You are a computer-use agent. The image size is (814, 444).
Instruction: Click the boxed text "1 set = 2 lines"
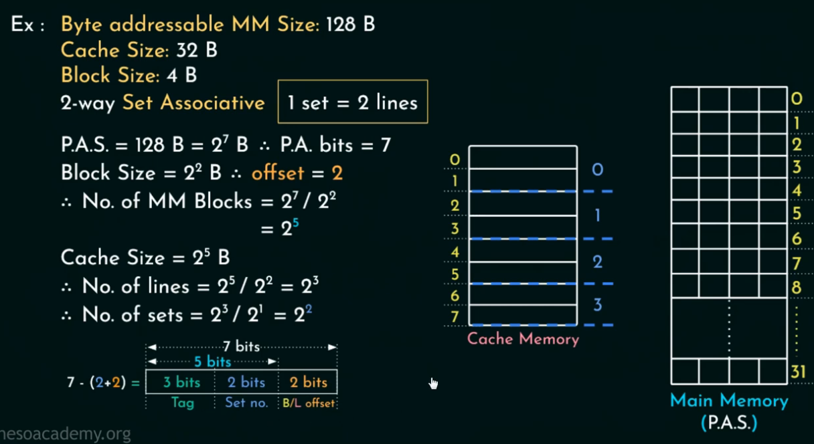[353, 102]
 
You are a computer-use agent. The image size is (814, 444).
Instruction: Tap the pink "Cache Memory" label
[523, 339]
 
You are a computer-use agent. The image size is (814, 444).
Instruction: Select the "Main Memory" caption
[729, 401]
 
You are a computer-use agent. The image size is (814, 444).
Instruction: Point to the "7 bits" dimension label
[242, 347]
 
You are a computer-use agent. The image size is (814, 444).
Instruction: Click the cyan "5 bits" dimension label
[213, 362]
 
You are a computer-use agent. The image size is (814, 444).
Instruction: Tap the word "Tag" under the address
[182, 403]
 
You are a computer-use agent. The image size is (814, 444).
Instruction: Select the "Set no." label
[247, 403]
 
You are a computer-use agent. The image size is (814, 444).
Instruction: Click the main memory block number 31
[797, 372]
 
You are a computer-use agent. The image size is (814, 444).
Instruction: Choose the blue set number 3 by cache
[597, 306]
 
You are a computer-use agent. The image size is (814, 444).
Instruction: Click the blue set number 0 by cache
[597, 170]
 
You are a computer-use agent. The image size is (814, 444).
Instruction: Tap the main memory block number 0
[797, 100]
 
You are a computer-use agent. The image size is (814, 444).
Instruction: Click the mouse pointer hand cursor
[433, 383]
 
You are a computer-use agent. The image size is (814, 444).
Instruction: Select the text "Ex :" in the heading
[27, 25]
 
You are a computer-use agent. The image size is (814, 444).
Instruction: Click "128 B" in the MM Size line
[350, 25]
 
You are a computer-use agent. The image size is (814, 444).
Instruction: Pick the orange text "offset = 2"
[297, 173]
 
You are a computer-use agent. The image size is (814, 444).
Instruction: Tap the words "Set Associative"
[193, 103]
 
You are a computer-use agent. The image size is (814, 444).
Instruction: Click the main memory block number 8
[797, 286]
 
